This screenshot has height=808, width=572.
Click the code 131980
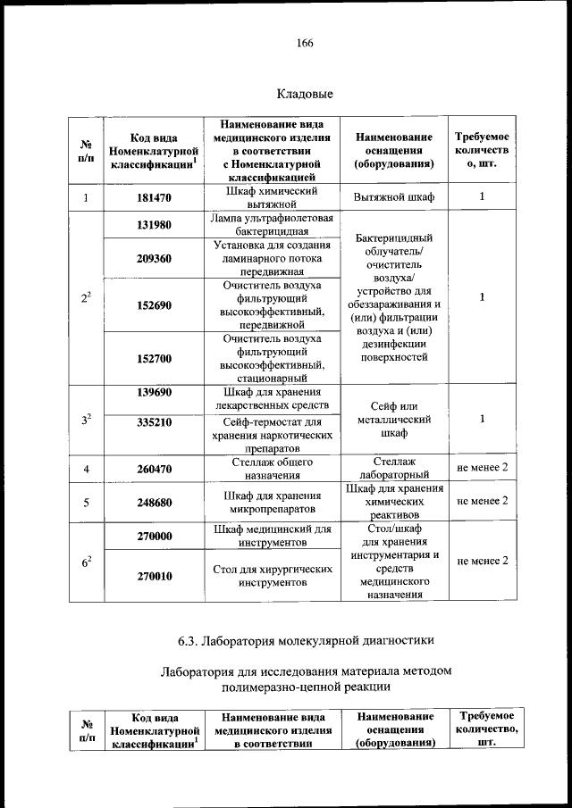(x=155, y=225)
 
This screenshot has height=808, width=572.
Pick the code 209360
(x=155, y=259)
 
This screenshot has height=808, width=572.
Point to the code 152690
(x=155, y=305)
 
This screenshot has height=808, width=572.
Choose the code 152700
(x=155, y=359)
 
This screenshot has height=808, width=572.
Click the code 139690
(x=155, y=393)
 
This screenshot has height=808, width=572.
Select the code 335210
(x=155, y=423)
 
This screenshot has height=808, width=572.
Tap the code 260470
(x=155, y=469)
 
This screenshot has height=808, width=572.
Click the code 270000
(x=155, y=537)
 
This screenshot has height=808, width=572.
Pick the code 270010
(x=155, y=576)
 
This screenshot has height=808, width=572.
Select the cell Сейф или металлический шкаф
(x=394, y=419)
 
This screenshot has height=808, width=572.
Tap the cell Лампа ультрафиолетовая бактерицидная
(x=272, y=225)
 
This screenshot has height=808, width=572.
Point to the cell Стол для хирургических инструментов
(x=272, y=576)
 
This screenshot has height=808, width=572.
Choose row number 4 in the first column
(x=86, y=469)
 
